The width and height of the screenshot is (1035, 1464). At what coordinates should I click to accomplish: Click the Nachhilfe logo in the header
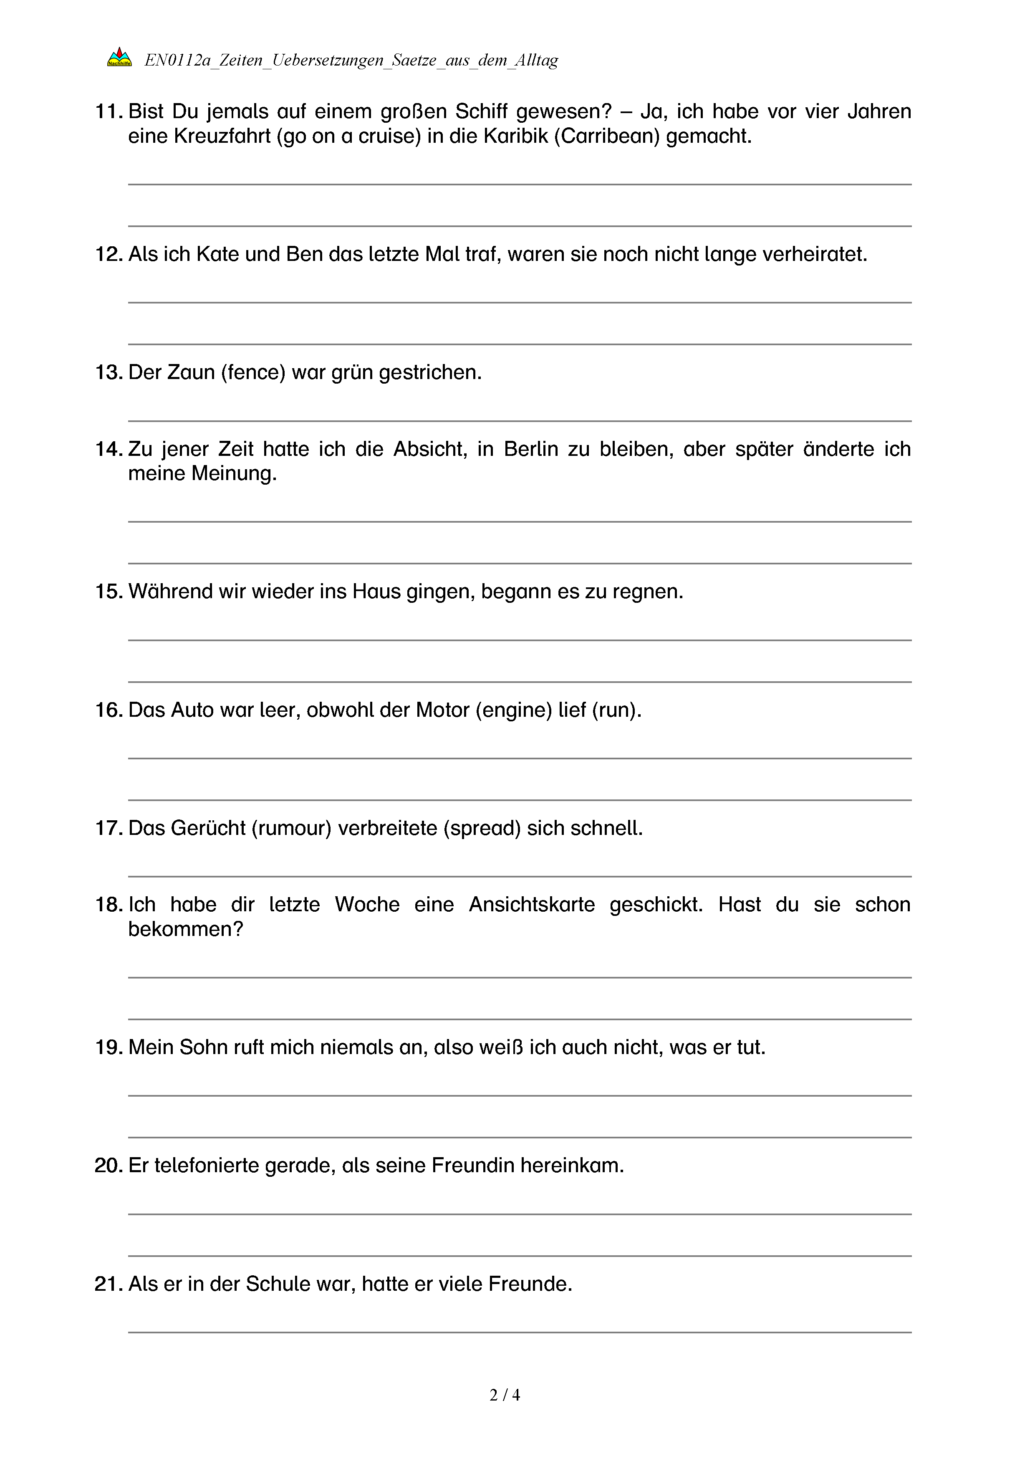(119, 58)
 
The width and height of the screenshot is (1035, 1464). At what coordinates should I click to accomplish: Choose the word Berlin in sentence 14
(531, 450)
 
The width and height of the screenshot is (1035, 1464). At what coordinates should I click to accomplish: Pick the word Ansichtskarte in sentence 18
(532, 905)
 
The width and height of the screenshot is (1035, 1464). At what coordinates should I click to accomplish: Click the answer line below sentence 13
(520, 421)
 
